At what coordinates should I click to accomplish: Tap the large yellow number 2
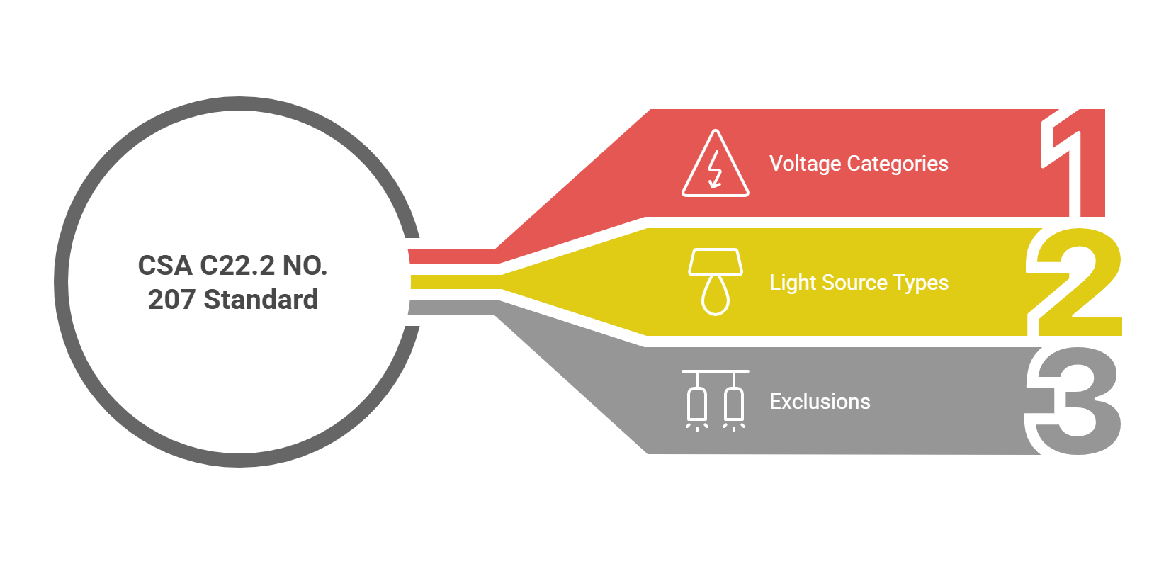1078,283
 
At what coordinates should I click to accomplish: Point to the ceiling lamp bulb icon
716,282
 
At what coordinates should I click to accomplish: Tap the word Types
920,283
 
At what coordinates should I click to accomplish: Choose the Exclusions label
820,402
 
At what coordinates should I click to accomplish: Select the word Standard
261,300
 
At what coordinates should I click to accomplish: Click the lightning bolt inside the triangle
715,170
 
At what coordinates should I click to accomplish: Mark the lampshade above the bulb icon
716,261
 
